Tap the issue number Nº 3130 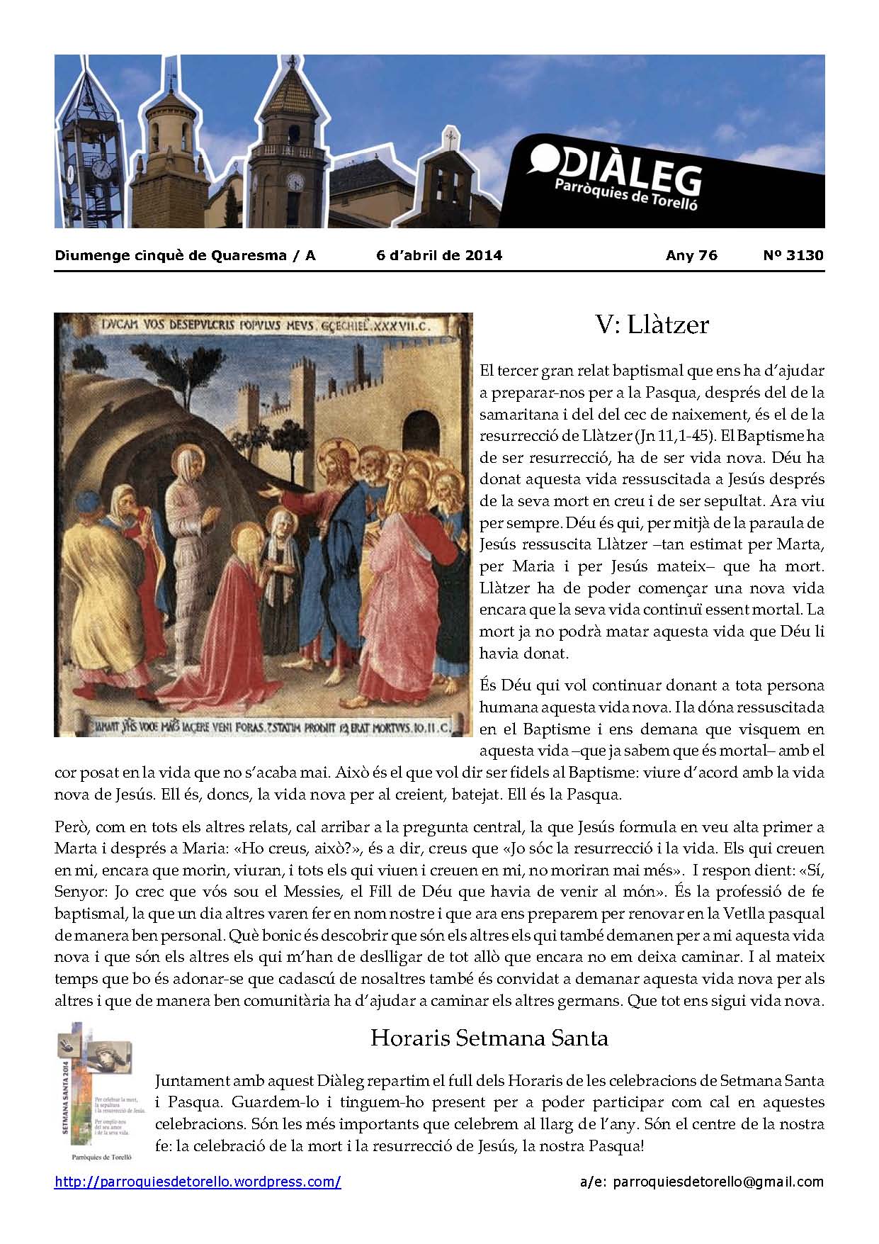click(x=793, y=256)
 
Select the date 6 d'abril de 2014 click(x=439, y=256)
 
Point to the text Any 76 click(x=691, y=256)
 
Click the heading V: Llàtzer click(x=652, y=325)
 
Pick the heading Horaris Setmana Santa click(x=489, y=1038)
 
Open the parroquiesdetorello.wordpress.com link click(x=198, y=1182)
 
